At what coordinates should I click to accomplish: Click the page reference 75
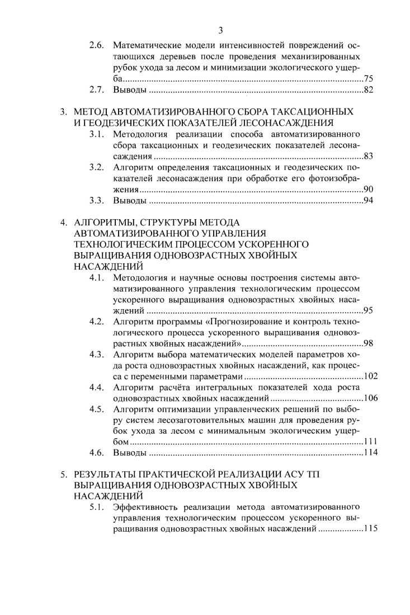click(x=368, y=79)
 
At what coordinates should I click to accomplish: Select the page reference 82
click(x=368, y=90)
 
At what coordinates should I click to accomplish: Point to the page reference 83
click(x=368, y=156)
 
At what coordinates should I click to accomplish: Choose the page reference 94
click(x=368, y=200)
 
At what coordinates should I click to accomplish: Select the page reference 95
click(x=368, y=310)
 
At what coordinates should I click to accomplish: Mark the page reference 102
click(x=371, y=376)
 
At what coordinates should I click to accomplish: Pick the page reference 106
click(x=371, y=398)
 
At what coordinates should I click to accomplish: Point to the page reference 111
click(x=371, y=442)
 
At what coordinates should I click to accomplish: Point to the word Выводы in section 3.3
click(x=130, y=200)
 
